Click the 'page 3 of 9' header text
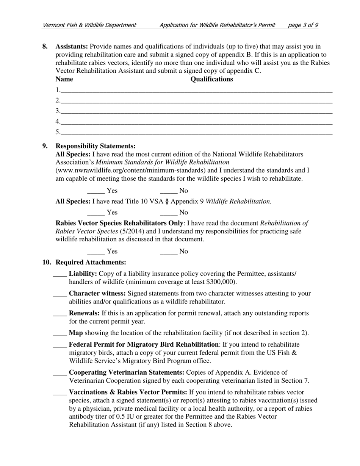coord(303,25)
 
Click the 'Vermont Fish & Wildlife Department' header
coord(89,25)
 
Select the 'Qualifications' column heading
coord(211,79)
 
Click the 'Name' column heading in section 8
coord(64,79)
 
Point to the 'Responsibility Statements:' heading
coord(95,146)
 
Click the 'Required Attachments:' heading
coord(91,262)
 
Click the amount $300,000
coord(222,282)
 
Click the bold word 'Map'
coord(76,333)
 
